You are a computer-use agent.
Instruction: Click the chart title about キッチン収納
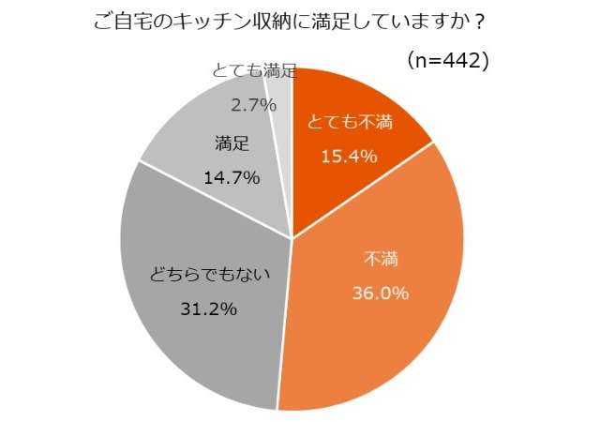[298, 20]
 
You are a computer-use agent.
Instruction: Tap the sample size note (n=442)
[448, 61]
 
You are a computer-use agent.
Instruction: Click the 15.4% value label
[349, 156]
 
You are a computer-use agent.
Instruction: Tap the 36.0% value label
[380, 294]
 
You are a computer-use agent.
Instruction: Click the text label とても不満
[350, 123]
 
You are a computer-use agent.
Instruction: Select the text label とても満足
[254, 71]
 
